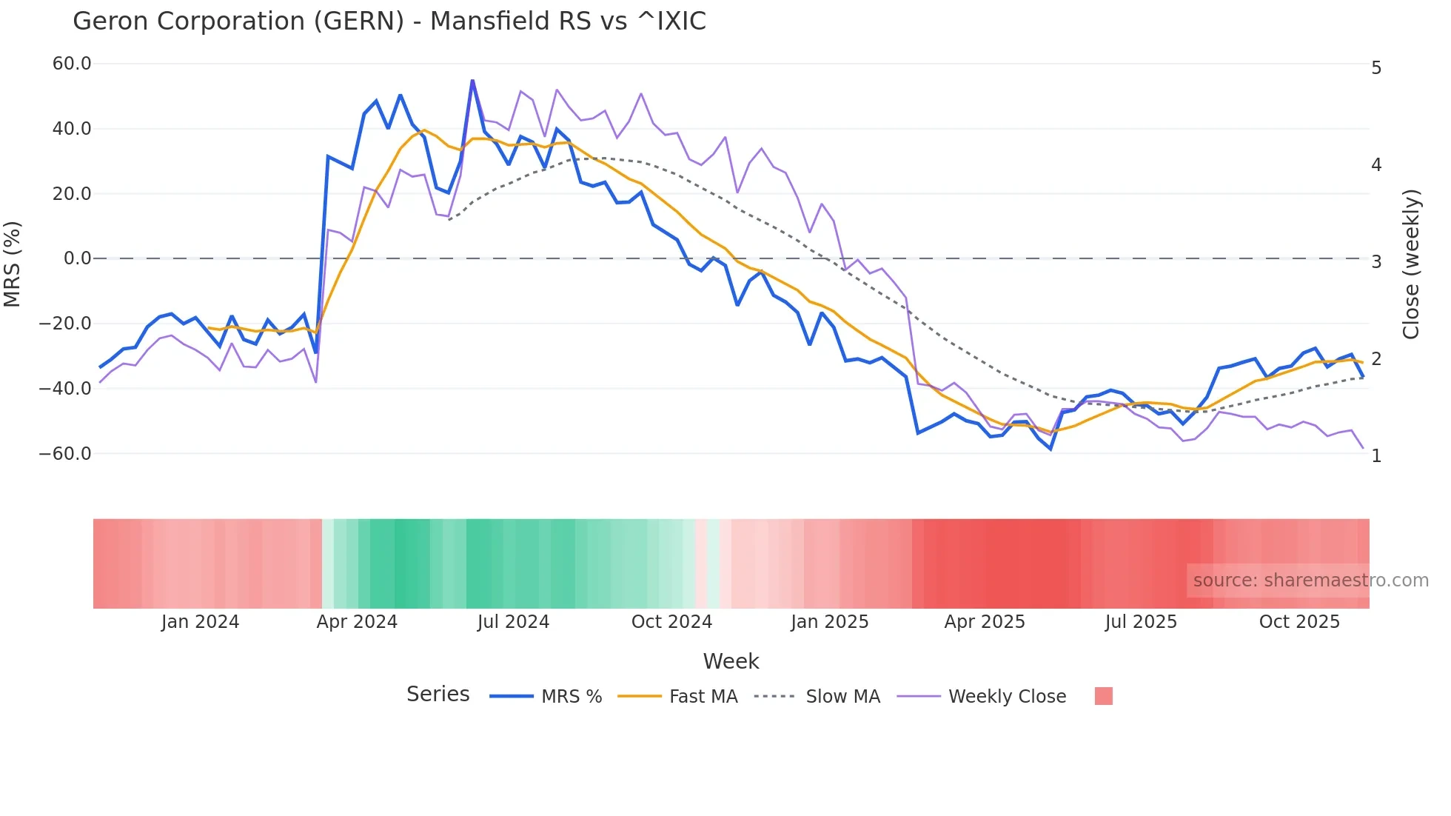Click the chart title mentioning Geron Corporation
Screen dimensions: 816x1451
[x=389, y=21]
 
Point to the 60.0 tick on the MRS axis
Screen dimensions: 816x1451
[x=72, y=64]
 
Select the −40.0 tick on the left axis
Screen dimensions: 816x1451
[x=65, y=388]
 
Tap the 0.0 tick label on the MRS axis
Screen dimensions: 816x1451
[x=78, y=258]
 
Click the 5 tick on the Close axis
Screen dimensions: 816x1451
[x=1376, y=68]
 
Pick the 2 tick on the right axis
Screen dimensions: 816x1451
[x=1376, y=359]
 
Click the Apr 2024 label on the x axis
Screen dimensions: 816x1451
[x=357, y=622]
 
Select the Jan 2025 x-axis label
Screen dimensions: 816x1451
[x=829, y=622]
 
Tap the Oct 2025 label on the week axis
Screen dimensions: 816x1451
[x=1299, y=622]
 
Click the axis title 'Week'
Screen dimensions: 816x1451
[x=731, y=661]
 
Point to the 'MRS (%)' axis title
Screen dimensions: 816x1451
[x=13, y=264]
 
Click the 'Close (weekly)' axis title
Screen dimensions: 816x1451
[x=1411, y=264]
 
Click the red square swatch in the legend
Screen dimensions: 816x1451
[x=1103, y=696]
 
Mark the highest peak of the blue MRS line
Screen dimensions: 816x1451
[x=472, y=81]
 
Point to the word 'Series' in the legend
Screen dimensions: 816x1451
[x=438, y=695]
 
